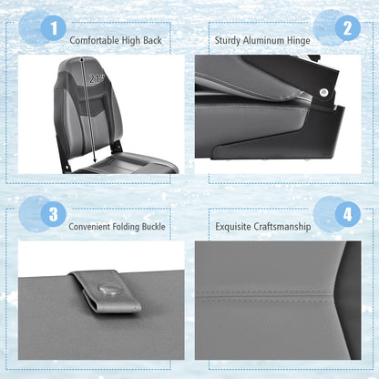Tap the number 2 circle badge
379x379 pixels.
[x=346, y=29]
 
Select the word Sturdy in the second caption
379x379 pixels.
[x=228, y=40]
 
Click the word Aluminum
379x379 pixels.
[x=267, y=40]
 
